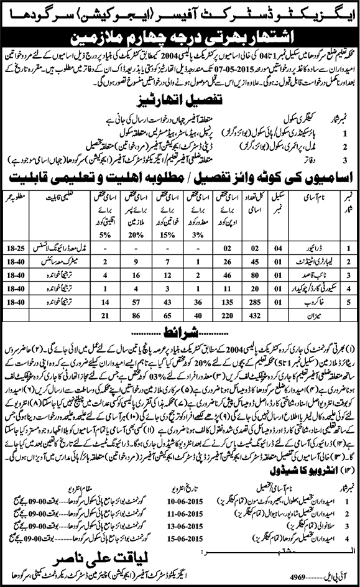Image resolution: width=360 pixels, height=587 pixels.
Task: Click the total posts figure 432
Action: [253, 315]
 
